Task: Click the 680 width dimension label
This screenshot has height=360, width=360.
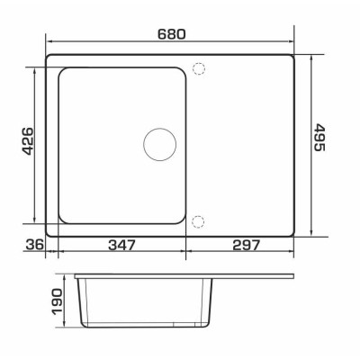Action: coord(172,34)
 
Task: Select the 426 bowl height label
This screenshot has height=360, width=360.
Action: coord(28,141)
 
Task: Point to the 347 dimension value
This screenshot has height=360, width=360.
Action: coord(121,245)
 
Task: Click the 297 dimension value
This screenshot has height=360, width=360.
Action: coord(246,245)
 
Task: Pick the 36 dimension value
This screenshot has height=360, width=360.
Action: coord(35,245)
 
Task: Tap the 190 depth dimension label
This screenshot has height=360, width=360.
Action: coord(57,301)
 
